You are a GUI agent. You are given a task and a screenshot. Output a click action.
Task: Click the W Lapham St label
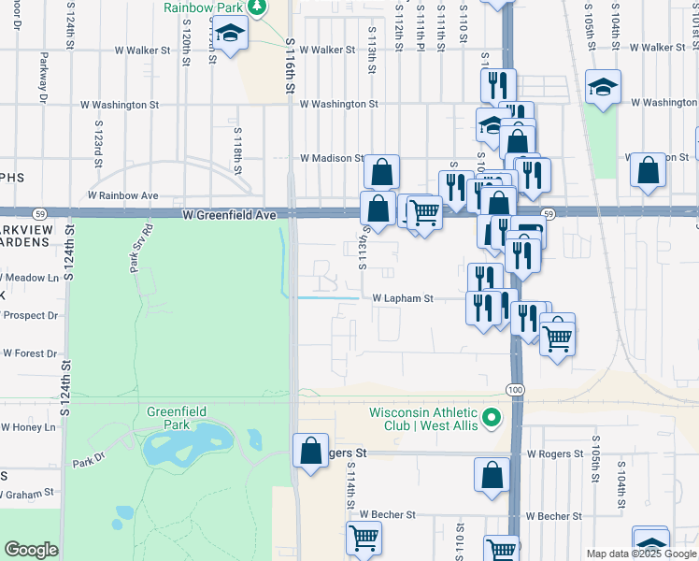tap(404, 299)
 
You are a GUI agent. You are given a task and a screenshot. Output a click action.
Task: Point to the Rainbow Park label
tap(203, 7)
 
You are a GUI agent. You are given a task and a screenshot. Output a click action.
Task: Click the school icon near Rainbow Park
tap(229, 36)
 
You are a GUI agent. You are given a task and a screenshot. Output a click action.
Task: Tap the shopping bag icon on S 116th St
tap(309, 451)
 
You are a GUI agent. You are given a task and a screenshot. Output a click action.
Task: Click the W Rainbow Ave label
tap(123, 196)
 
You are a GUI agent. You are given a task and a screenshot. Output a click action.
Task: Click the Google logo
tap(32, 550)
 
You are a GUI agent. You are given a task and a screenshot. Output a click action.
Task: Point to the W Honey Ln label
tap(28, 427)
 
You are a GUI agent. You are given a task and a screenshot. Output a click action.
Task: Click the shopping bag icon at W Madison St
tap(381, 171)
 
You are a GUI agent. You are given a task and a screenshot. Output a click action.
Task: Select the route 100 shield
tap(516, 388)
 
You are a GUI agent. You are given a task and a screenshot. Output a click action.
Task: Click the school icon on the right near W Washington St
tap(603, 88)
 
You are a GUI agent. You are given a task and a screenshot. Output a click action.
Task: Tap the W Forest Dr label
tap(30, 353)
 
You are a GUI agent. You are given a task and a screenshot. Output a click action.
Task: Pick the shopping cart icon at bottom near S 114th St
tap(363, 538)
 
